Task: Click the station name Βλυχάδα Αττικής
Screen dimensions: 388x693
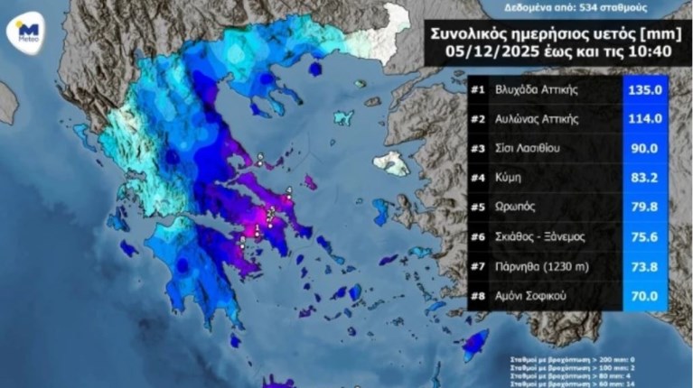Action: click(543, 90)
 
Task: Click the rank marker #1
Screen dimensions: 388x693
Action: click(479, 90)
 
